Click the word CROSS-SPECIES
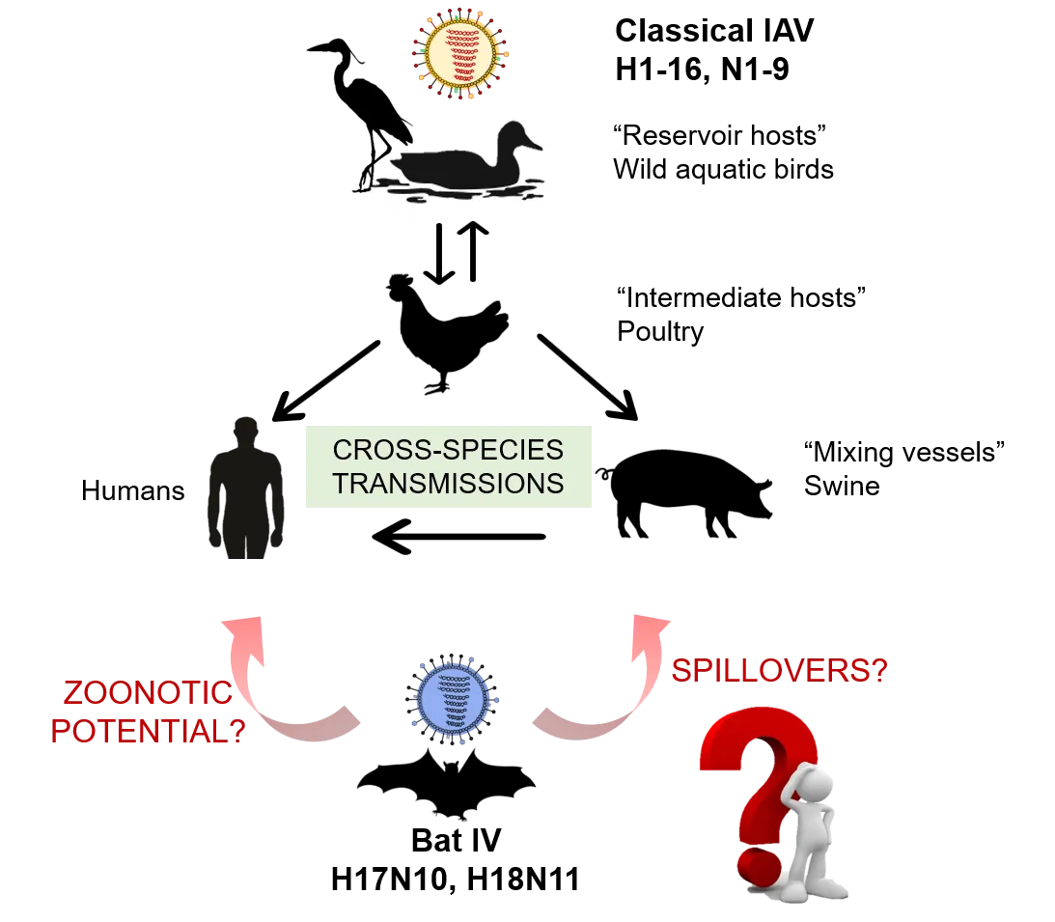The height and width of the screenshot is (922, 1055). (447, 450)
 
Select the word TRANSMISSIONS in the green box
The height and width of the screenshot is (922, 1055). (447, 483)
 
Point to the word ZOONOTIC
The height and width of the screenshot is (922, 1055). (147, 694)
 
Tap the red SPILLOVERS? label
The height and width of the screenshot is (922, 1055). (779, 671)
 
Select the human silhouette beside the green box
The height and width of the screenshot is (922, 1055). (243, 492)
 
